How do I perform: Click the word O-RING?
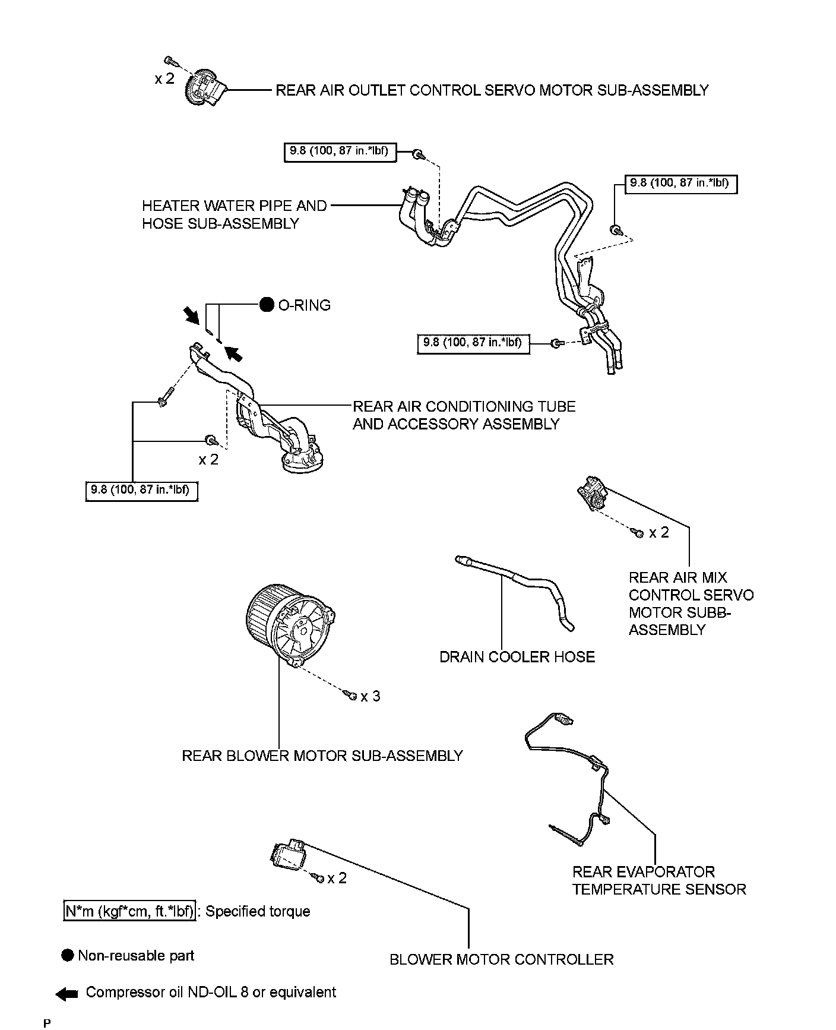pyautogui.click(x=304, y=305)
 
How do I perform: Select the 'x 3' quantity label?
pyautogui.click(x=370, y=696)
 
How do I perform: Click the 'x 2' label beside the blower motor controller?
pyautogui.click(x=337, y=878)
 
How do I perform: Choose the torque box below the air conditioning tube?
pyautogui.click(x=141, y=491)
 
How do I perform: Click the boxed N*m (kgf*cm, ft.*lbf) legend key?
pyautogui.click(x=129, y=911)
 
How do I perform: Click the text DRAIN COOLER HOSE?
pyautogui.click(x=517, y=657)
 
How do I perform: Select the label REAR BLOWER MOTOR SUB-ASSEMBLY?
pyautogui.click(x=322, y=756)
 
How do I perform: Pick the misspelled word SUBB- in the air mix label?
pyautogui.click(x=709, y=612)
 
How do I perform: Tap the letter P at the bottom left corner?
pyautogui.click(x=47, y=1023)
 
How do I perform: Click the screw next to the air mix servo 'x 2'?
pyautogui.click(x=639, y=533)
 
